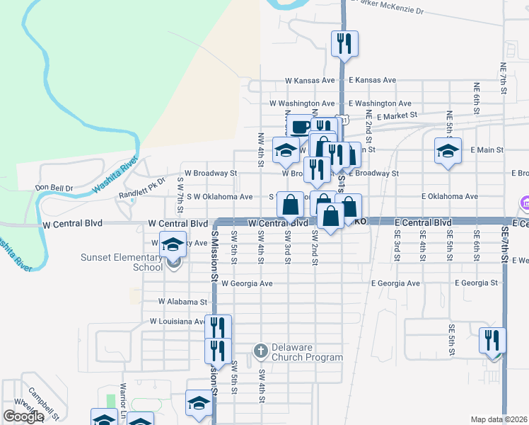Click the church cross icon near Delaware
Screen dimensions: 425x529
tap(260, 350)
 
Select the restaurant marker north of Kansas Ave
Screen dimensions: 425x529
tap(344, 44)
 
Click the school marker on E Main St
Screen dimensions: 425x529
tap(448, 151)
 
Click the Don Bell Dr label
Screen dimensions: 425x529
tap(54, 188)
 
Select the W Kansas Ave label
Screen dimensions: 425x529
tap(310, 81)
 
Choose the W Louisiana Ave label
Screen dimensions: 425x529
tap(177, 322)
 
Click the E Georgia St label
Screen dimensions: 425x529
tap(477, 283)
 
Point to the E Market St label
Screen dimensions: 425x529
tap(397, 115)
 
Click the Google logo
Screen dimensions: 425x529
tap(23, 416)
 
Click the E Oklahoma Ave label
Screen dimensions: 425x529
tap(450, 196)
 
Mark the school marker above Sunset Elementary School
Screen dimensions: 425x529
tap(172, 244)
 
